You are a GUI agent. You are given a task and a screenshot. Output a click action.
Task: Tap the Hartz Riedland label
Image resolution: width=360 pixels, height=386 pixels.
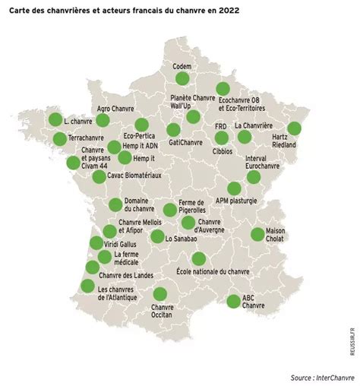[x=283, y=142]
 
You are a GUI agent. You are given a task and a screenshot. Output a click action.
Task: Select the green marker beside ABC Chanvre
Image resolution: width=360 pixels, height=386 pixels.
[x=234, y=301]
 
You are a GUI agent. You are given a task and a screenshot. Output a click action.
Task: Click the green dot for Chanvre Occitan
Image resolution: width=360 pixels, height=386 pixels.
[x=160, y=294]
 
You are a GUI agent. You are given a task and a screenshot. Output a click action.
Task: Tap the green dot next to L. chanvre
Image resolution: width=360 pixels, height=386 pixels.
[x=55, y=119]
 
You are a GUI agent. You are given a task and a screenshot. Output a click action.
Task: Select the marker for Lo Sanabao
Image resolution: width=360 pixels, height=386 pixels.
[x=157, y=236]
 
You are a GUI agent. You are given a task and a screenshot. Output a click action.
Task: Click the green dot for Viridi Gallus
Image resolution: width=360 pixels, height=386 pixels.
[x=96, y=243]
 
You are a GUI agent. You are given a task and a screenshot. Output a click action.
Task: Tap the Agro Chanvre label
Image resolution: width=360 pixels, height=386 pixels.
[x=115, y=109]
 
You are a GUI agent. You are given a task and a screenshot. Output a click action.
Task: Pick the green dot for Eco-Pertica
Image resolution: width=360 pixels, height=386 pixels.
[x=141, y=125]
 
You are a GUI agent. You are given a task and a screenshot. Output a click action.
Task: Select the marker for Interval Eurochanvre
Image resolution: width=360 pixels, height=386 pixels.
[x=254, y=176]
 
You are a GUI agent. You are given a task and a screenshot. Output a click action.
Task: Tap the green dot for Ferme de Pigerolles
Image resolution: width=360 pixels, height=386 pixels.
[x=169, y=210]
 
